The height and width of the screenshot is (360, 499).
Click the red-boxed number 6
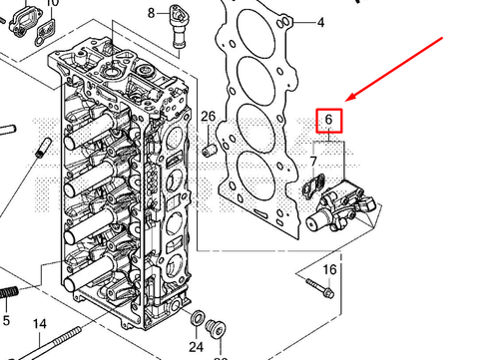[x=328, y=122]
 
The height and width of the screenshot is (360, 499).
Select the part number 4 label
[x=320, y=21]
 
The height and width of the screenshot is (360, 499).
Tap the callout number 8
[x=152, y=13]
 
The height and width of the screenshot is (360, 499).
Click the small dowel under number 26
[x=210, y=150]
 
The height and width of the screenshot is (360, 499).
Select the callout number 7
[x=313, y=161]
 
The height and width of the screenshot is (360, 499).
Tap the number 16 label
[x=329, y=270]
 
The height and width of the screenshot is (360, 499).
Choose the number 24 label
[x=196, y=347]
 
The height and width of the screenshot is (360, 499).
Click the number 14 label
[x=39, y=324]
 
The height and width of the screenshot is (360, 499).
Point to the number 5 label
[x=6, y=321]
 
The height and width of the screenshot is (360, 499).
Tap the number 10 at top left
[x=52, y=4]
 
